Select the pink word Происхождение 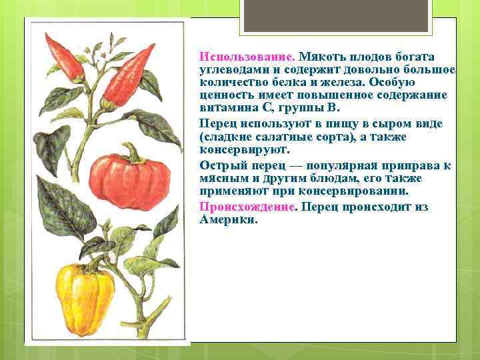pos(247,207)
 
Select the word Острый pos(218,165)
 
